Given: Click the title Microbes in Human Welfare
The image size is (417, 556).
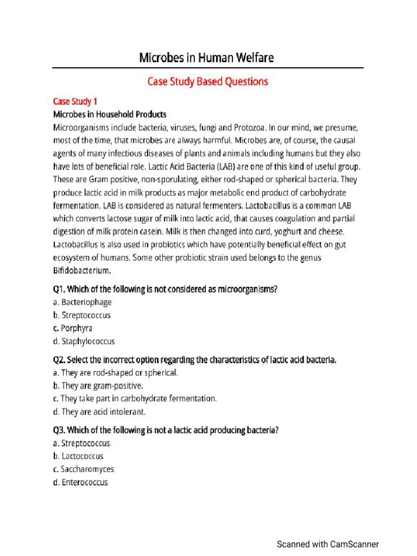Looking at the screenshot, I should point(207,58).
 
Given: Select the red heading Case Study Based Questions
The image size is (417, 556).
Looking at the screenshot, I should point(208,81).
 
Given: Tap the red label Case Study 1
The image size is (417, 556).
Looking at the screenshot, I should point(75,102).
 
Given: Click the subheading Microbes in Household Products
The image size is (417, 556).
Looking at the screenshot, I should point(110,115).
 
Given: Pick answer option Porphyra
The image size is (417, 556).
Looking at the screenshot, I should point(77,328).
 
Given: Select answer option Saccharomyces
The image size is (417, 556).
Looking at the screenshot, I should point(87,469).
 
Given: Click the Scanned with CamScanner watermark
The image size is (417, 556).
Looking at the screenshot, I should point(327,544).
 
